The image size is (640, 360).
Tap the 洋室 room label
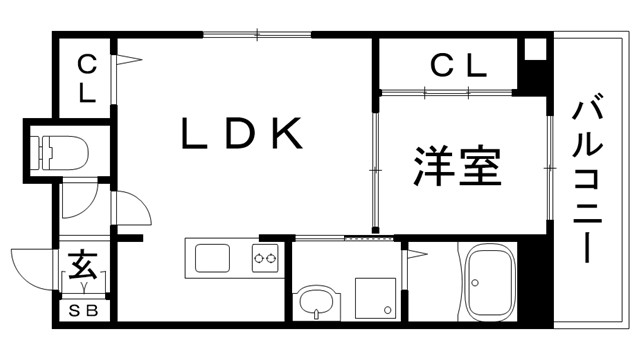point(457,166)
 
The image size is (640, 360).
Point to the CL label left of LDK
point(86,79)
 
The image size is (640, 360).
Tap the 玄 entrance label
point(82,268)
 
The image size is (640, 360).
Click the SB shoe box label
point(84,311)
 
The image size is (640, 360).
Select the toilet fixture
point(61,151)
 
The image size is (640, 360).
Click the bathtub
point(490,283)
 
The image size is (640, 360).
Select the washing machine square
point(376,297)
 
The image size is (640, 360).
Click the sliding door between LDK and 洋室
point(376,170)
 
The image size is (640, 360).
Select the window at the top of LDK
point(257,37)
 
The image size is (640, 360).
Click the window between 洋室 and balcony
point(550,160)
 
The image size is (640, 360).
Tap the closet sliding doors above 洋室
point(447,93)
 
